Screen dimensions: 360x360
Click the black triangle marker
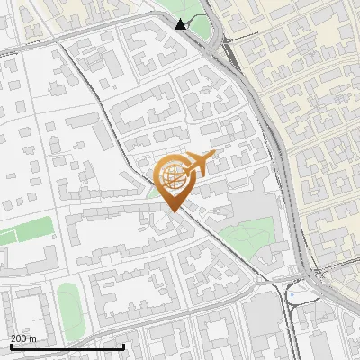pos(182,24)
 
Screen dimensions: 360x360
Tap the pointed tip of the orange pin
pos(172,211)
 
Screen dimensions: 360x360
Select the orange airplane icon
pos(198,164)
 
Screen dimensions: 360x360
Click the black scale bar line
pos(67,346)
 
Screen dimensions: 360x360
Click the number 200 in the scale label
pos(20,338)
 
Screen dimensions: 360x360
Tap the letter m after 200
pos(33,338)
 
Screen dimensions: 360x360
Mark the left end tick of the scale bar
pos(11,346)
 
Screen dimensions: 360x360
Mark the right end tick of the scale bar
pos(123,346)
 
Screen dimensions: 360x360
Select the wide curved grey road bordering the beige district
pos(270,135)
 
